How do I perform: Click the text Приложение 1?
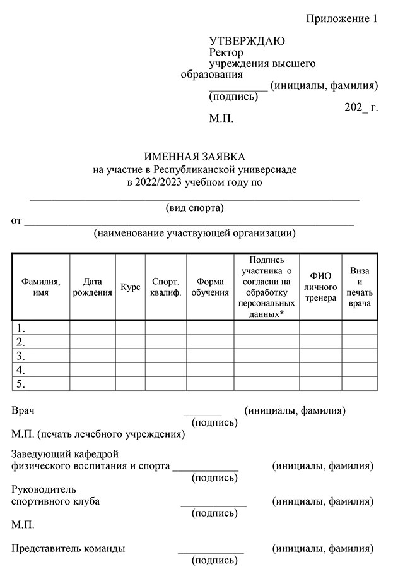click(341, 18)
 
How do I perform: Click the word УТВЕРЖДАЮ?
click(247, 41)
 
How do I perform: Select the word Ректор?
click(226, 52)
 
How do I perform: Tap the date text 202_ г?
click(361, 107)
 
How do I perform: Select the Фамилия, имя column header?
click(40, 286)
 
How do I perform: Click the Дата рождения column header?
click(92, 287)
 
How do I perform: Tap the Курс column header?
click(130, 287)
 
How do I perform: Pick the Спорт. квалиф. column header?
click(166, 287)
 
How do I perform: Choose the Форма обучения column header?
click(210, 287)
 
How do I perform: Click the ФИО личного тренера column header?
click(320, 287)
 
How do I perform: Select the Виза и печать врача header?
click(360, 287)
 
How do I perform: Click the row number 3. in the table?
click(21, 356)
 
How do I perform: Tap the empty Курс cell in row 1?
click(130, 328)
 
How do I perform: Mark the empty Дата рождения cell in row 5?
click(92, 383)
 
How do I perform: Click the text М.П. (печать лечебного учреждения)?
click(98, 434)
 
